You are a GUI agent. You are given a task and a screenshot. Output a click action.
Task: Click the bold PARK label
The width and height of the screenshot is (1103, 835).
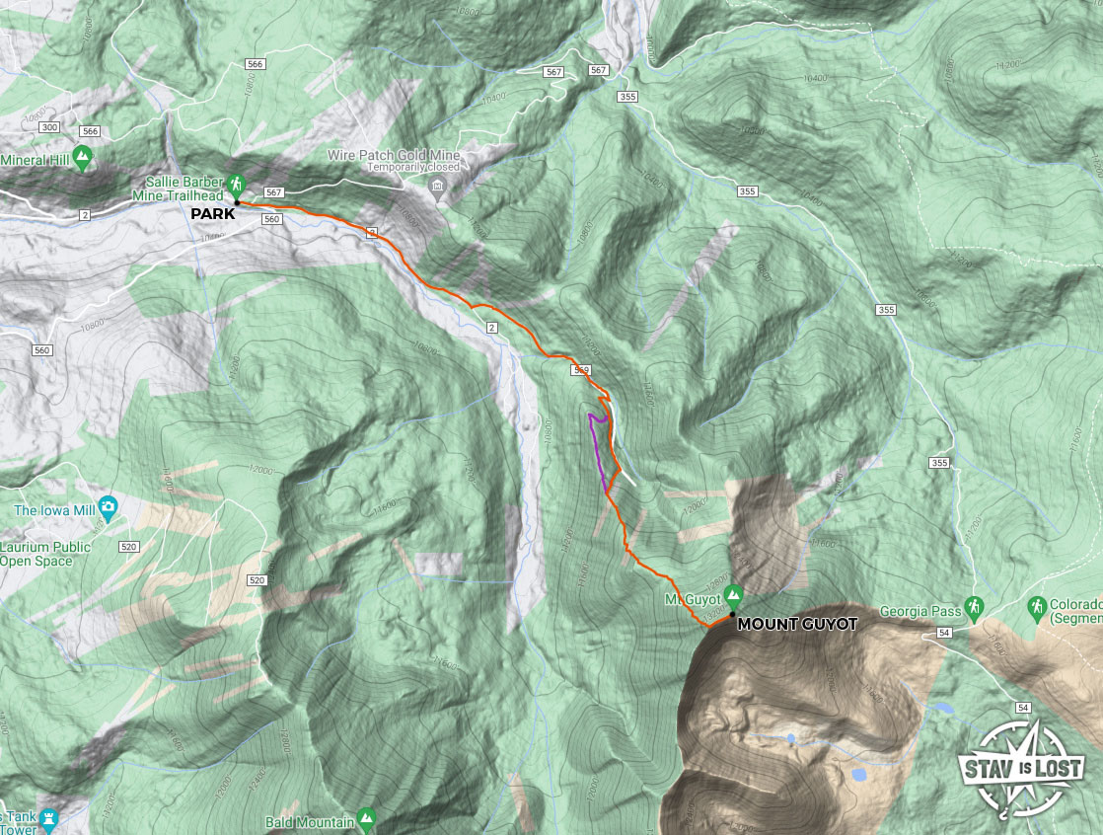tap(213, 213)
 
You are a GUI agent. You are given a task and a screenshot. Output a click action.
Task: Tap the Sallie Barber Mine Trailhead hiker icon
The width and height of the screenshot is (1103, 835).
tap(236, 183)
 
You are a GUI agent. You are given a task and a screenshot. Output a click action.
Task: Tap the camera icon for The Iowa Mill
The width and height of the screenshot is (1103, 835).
tap(108, 509)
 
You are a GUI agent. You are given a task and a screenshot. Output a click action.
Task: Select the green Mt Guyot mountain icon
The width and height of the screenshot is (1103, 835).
tap(733, 594)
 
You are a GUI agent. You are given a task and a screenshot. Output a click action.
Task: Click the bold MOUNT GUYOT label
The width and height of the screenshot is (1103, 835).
tap(797, 624)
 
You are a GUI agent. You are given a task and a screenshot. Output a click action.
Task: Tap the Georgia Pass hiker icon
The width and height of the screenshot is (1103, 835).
tap(974, 605)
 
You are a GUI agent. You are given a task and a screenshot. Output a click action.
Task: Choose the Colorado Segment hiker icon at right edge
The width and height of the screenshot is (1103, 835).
tap(1036, 605)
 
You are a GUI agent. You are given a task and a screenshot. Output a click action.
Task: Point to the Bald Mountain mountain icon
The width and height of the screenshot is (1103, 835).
tap(367, 817)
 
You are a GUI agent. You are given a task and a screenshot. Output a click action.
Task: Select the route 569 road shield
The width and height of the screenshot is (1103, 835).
tap(580, 370)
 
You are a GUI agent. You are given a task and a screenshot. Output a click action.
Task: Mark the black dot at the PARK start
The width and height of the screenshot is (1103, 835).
tap(238, 202)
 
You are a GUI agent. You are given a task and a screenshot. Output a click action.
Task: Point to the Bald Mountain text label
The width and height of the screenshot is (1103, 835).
tap(309, 822)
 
